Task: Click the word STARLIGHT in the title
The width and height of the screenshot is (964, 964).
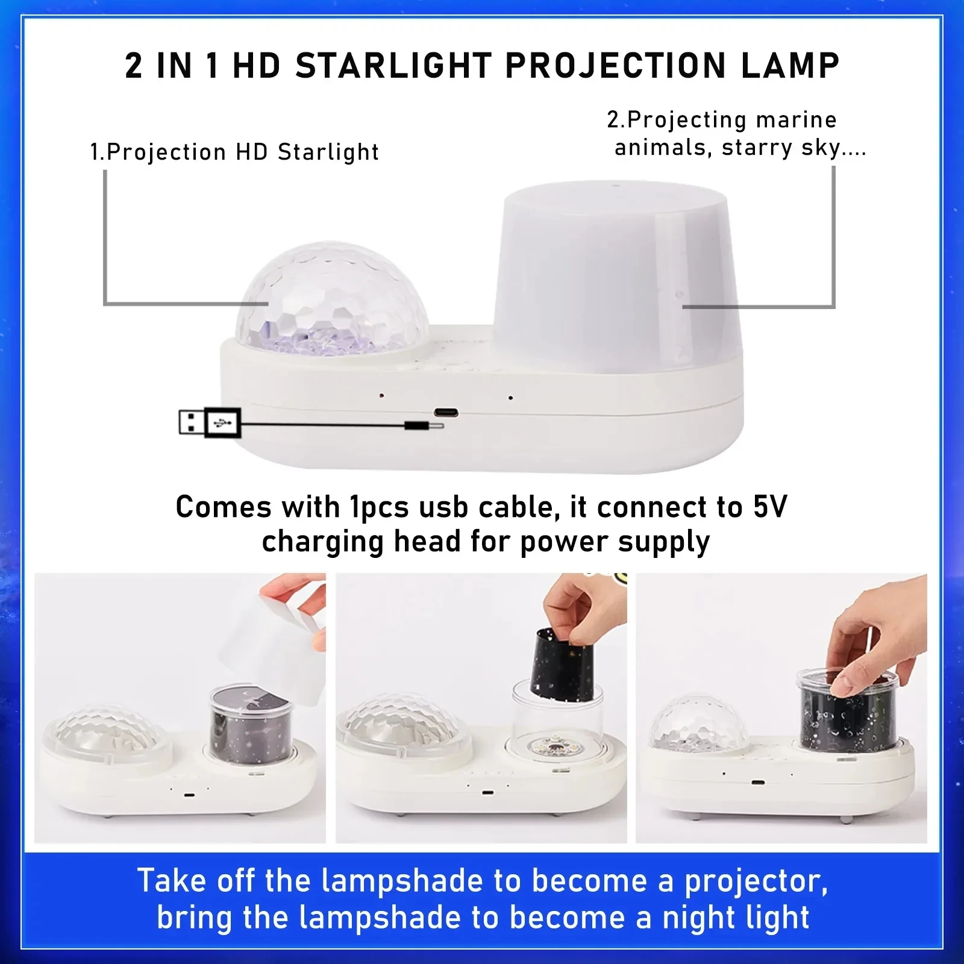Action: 393,66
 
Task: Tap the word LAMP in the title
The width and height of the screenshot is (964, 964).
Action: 790,66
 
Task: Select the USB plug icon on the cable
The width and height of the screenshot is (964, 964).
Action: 210,423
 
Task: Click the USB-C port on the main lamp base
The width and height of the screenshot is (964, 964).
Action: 446,413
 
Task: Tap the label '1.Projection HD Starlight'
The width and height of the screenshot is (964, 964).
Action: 234,152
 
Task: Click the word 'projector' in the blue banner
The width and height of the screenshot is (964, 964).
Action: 755,881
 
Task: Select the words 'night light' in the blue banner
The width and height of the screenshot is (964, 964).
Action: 735,918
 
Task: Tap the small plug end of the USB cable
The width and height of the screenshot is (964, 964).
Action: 423,425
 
